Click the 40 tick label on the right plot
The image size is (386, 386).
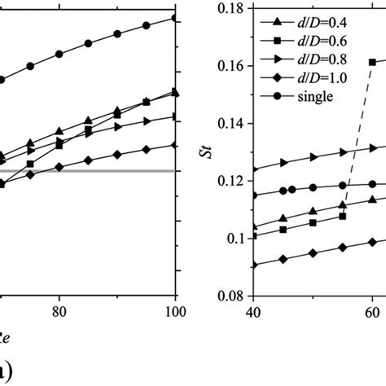tap(254, 313)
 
